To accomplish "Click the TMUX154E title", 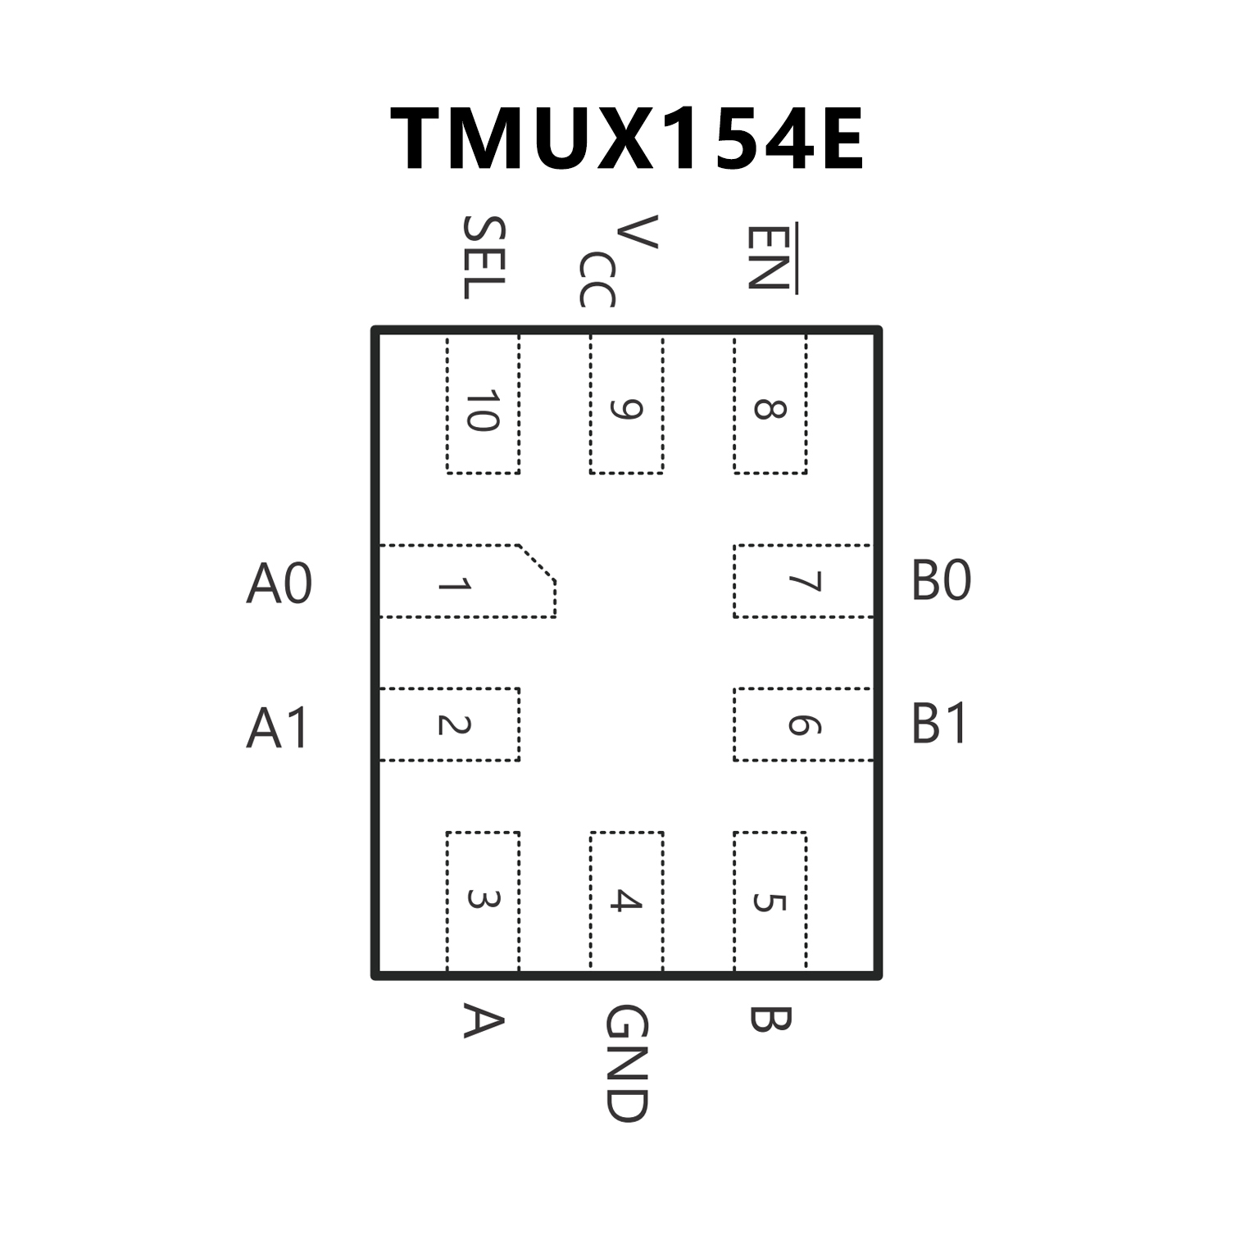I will click(627, 139).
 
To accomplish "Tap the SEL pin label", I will click(484, 257).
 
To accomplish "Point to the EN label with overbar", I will click(769, 257).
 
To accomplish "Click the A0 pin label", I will click(279, 584).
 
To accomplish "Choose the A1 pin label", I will click(278, 728).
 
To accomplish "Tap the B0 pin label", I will click(941, 581).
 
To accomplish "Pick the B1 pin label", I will click(939, 724).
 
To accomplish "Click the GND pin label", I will click(627, 1063).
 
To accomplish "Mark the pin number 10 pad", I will click(483, 405).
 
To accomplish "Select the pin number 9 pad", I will click(626, 405).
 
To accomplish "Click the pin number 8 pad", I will click(770, 405).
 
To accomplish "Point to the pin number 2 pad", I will click(449, 724).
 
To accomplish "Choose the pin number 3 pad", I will click(483, 901).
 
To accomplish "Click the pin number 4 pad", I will click(626, 901).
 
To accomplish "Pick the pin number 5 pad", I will click(770, 901).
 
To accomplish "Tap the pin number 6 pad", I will click(803, 724).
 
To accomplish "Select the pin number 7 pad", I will click(803, 581).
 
